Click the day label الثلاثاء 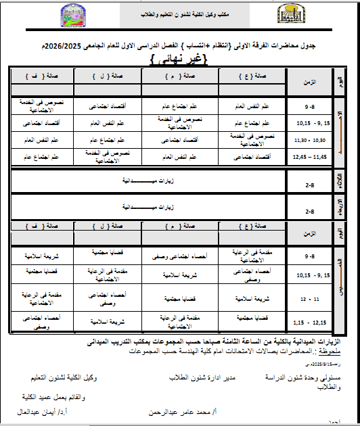pyautogui.click(x=339, y=181)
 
